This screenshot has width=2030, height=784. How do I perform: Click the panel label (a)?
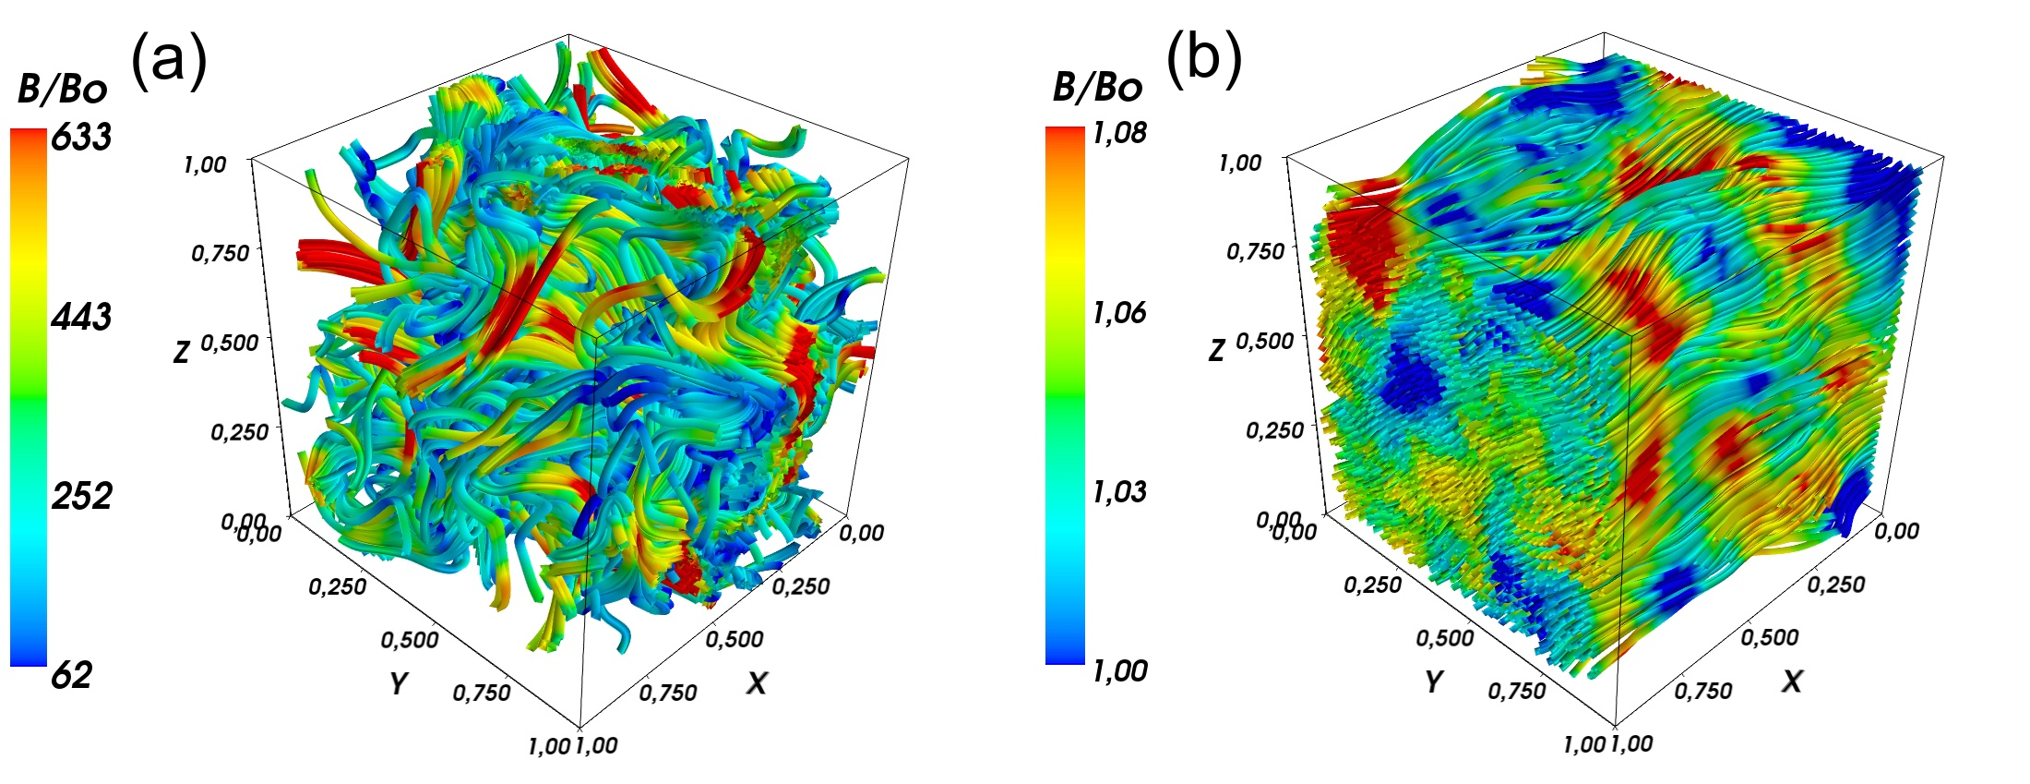(x=169, y=60)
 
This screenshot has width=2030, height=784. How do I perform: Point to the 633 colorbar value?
(x=81, y=137)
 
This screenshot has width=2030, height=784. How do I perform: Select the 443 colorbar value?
(x=81, y=317)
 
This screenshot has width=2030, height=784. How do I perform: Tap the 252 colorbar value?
(x=81, y=496)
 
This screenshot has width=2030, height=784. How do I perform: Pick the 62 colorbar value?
(x=71, y=676)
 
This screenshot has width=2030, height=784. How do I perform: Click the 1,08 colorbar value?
(x=1119, y=133)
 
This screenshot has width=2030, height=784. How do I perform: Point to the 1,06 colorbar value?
(x=1119, y=313)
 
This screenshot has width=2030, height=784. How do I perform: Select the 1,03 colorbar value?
(x=1119, y=491)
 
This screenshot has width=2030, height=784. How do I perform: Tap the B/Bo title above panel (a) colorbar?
(x=62, y=90)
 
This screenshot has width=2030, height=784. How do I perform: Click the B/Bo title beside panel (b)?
(x=1097, y=88)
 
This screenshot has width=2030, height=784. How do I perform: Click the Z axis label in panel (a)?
(x=181, y=351)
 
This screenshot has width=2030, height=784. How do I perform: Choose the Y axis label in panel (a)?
(x=398, y=682)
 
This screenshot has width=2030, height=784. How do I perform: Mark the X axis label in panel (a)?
(x=757, y=682)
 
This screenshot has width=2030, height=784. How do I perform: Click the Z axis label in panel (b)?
(x=1216, y=349)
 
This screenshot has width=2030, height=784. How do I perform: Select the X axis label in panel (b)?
(x=1792, y=681)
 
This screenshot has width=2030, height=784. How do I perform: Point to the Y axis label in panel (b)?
(x=1433, y=681)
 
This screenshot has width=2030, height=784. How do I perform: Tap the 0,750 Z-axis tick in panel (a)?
(x=220, y=252)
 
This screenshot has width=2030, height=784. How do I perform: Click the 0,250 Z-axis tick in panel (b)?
(x=1274, y=430)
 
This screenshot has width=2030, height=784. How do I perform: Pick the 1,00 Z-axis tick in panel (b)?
(x=1240, y=163)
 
